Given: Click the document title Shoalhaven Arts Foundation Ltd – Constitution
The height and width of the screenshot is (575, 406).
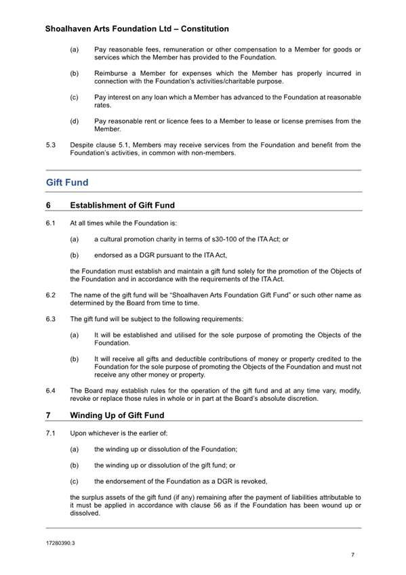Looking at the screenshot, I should pyautogui.click(x=136, y=29).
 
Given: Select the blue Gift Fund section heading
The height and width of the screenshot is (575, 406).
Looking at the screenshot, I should pyautogui.click(x=67, y=183).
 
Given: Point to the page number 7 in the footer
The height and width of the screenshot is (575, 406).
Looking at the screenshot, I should pyautogui.click(x=352, y=555).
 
